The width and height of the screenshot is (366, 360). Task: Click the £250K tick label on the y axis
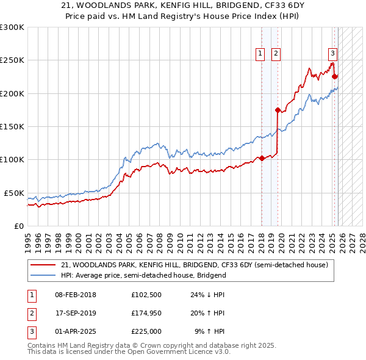coord(12,60)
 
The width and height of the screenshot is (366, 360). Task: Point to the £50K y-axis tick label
coord(14,193)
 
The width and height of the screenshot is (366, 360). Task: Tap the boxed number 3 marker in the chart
coord(332,52)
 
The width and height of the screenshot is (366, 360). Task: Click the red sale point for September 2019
coord(278,110)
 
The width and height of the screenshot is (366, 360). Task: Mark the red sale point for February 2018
coord(262,158)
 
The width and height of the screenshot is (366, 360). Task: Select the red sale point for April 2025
coord(334,77)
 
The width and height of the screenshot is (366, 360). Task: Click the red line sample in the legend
coord(43,265)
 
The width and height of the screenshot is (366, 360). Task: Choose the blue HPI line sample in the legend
coord(43,275)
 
